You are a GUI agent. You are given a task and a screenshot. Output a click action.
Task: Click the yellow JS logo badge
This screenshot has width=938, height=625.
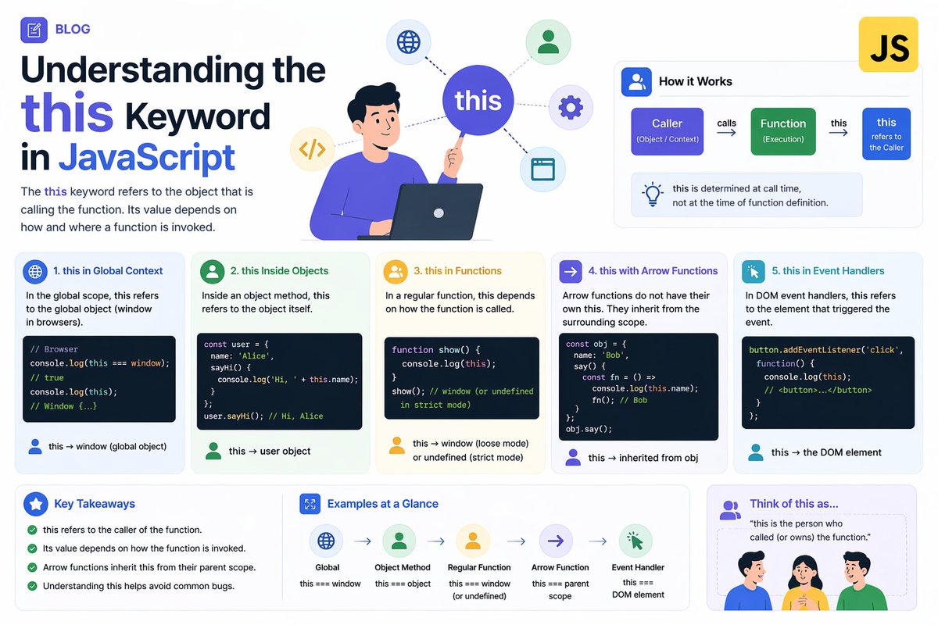(889, 45)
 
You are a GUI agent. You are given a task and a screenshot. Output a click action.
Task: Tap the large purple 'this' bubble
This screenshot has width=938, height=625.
(478, 101)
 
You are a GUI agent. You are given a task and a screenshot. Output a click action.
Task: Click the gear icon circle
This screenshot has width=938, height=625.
(571, 107)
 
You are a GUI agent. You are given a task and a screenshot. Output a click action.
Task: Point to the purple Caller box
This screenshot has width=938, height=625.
(667, 130)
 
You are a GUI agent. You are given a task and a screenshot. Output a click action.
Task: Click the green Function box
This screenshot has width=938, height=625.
(782, 130)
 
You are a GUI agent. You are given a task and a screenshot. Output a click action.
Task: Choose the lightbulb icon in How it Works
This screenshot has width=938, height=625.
(652, 195)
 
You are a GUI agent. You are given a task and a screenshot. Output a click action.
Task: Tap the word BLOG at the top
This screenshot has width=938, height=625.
(73, 30)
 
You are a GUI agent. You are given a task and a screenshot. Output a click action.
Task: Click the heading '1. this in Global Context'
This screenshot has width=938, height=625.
(108, 271)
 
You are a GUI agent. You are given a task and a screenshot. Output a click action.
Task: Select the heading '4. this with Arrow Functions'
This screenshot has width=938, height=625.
(653, 271)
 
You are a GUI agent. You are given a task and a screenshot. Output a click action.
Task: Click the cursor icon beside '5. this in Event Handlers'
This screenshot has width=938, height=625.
(753, 271)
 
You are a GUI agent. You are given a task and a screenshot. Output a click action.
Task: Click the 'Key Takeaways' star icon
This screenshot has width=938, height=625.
(35, 504)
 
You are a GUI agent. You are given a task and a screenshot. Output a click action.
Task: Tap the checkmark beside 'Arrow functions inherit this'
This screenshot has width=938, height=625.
(32, 567)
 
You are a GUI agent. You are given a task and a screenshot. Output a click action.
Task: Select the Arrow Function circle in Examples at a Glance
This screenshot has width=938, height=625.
(556, 541)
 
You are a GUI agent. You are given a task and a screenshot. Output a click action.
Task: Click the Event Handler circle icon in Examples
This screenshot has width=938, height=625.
(635, 541)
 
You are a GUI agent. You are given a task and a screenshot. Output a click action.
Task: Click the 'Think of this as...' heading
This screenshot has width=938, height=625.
(793, 504)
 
